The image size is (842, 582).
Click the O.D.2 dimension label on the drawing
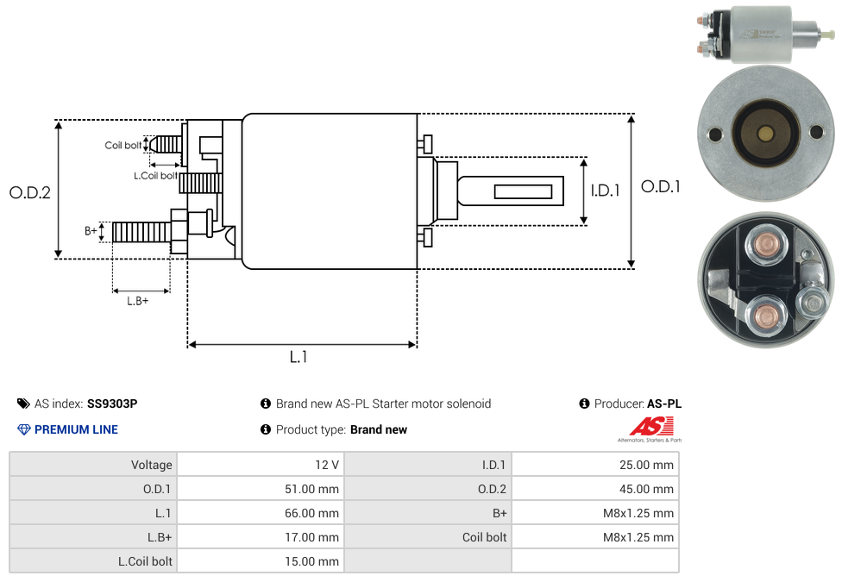30,192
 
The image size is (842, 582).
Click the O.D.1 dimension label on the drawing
661,186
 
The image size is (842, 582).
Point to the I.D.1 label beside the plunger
606,191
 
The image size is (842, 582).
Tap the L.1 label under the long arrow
298,357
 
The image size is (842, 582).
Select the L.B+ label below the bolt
138,301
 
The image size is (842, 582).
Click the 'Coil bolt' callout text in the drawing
123,145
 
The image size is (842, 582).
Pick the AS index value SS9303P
112,404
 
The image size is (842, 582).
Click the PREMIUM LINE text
76,429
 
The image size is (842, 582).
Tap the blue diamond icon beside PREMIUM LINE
24,429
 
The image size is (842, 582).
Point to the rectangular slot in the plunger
524,191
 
